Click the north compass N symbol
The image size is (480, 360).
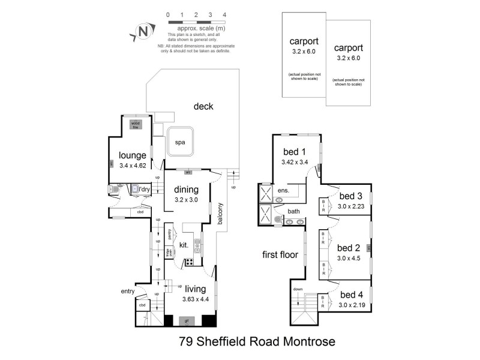142,31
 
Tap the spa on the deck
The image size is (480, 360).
180,143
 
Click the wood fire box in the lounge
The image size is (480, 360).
135,124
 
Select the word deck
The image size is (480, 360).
203,107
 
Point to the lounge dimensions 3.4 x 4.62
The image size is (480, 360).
133,166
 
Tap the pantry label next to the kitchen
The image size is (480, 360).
170,234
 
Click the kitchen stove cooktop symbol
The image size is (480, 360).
188,262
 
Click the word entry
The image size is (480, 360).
128,292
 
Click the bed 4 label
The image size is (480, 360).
352,296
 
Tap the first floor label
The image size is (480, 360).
280,254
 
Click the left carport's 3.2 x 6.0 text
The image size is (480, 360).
303,52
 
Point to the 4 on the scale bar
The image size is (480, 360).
224,14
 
